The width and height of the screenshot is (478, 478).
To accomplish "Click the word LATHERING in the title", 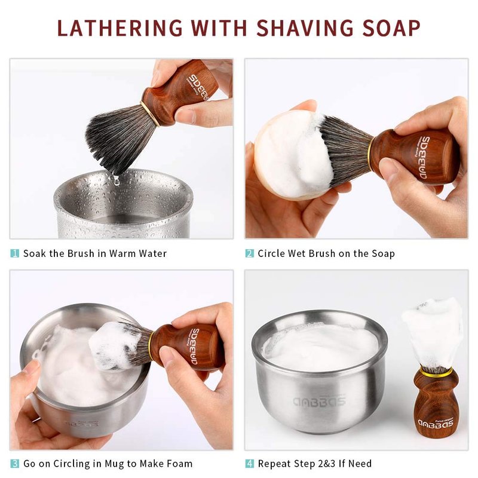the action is tap(120, 28).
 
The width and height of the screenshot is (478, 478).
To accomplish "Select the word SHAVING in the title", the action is tap(305, 28).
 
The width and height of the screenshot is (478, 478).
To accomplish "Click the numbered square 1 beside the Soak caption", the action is tap(14, 253).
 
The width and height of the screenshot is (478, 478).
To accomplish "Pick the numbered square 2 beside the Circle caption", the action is tap(250, 253).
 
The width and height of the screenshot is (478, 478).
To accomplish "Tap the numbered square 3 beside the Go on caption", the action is tap(14, 464).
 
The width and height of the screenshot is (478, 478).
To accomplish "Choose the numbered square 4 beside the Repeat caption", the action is tap(250, 464).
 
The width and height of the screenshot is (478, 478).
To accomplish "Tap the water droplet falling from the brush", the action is tap(116, 181).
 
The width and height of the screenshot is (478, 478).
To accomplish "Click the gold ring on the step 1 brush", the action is tap(150, 114).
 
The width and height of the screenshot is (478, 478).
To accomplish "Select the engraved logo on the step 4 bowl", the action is tap(319, 402).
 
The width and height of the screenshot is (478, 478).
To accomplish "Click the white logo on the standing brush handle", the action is tap(436, 423).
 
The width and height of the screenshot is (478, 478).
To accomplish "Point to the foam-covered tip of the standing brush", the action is tap(432, 332).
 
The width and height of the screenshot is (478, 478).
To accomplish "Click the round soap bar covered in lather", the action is tap(290, 155).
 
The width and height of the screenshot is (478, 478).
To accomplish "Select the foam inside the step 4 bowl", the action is tap(320, 347).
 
